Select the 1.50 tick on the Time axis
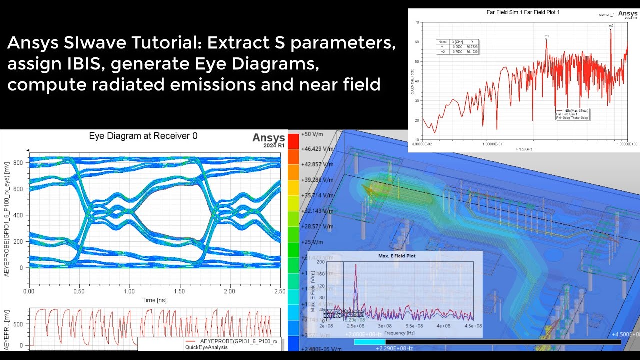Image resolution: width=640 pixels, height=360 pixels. pos(179,291)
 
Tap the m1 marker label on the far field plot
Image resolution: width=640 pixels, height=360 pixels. pos(547,36)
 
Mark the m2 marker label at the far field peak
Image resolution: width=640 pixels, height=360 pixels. pos(611,25)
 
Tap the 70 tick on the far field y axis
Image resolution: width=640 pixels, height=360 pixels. pos(417,23)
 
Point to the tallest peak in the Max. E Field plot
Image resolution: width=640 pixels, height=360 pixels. pos(356,265)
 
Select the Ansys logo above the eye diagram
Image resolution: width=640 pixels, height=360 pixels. pos(268,138)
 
